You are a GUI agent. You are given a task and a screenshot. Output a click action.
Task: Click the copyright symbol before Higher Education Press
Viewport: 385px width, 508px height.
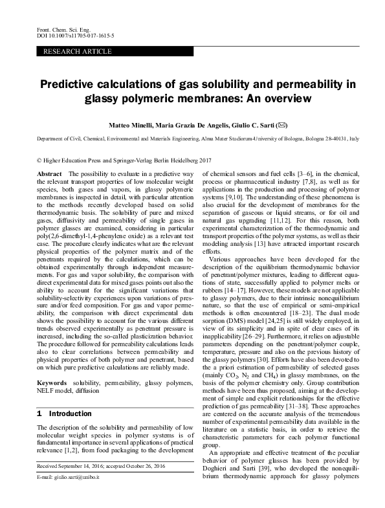40,159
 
